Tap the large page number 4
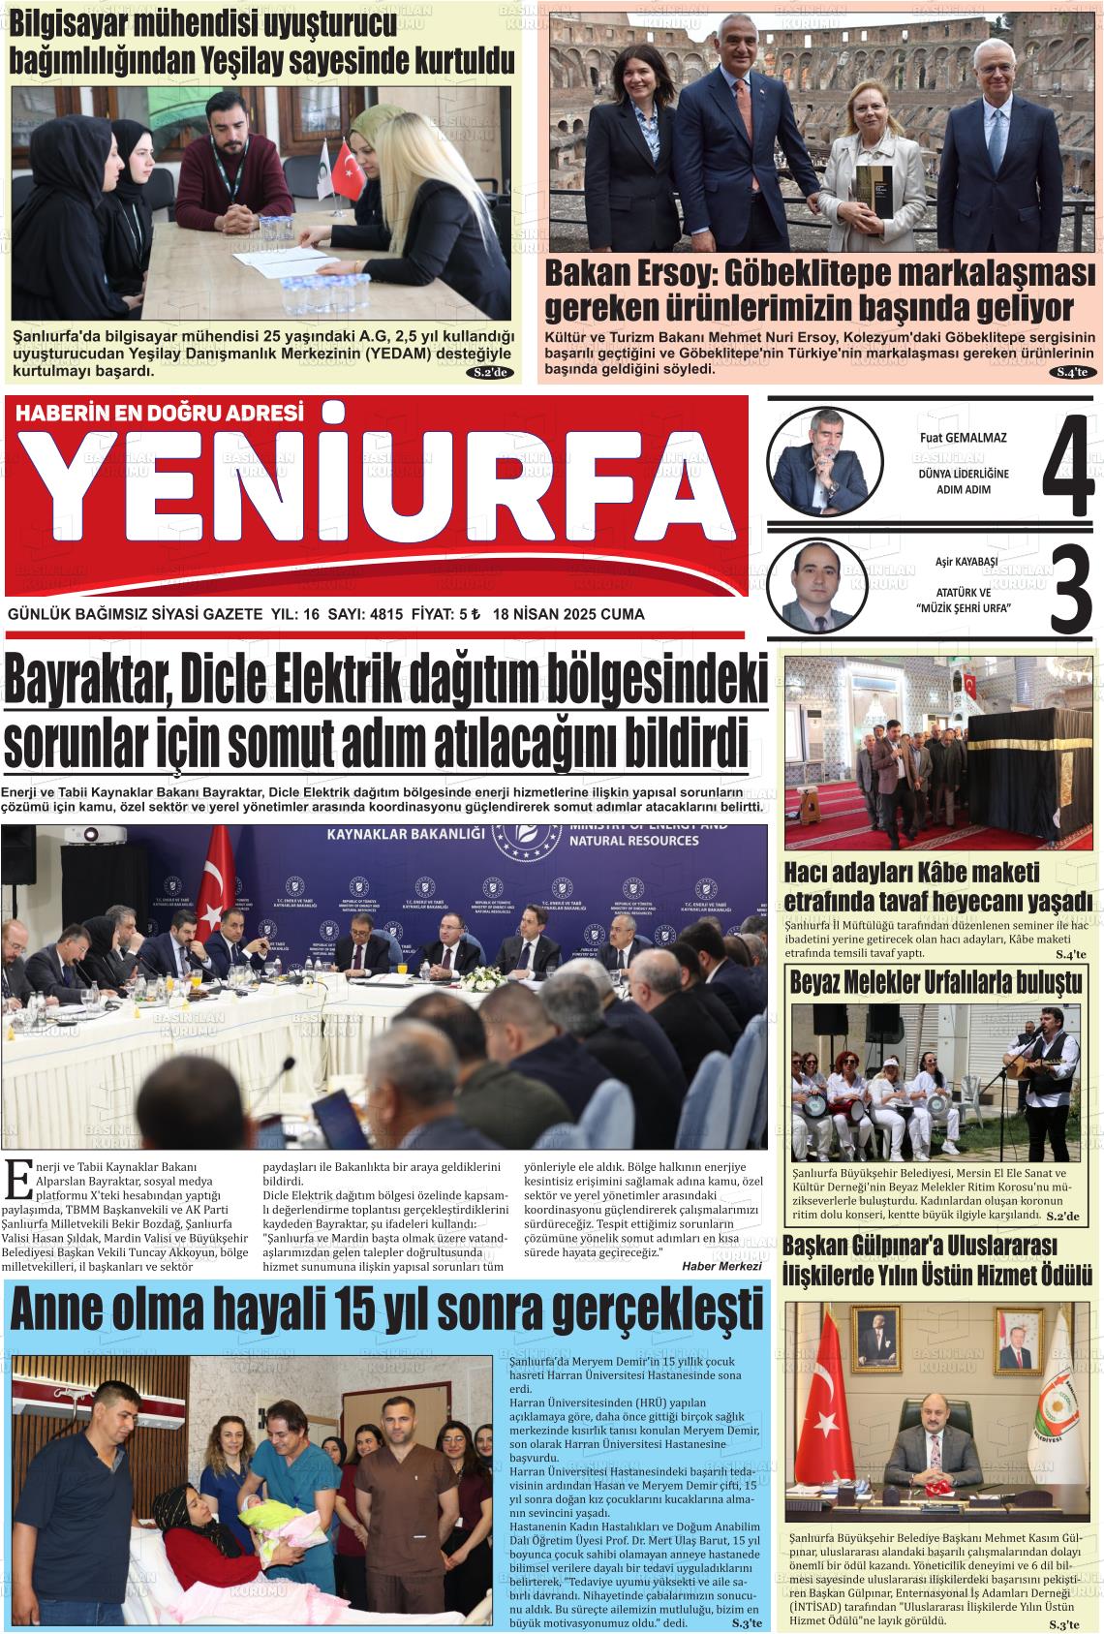(x=1066, y=465)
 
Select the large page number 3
(x=1068, y=590)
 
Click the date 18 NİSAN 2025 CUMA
(x=568, y=614)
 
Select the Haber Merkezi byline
(x=721, y=1265)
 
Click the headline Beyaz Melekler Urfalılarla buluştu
(x=936, y=982)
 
